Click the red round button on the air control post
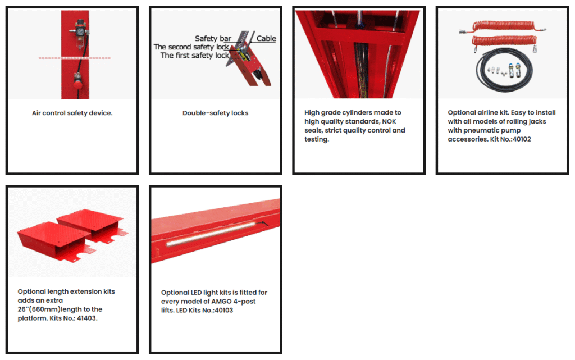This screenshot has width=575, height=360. [x=77, y=85]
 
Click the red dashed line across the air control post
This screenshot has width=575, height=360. [x=75, y=58]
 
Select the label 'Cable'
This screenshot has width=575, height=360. [x=266, y=39]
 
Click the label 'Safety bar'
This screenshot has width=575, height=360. [x=213, y=39]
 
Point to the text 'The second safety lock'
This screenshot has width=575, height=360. [x=191, y=47]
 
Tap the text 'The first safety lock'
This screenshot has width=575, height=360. [x=195, y=56]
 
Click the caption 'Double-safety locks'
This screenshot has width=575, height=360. [x=216, y=113]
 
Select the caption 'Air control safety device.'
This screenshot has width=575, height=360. [x=72, y=113]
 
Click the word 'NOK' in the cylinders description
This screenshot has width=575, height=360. [x=389, y=121]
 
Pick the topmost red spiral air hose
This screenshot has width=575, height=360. [x=503, y=26]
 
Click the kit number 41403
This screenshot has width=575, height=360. [x=87, y=318]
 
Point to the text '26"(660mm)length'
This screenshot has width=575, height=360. [x=60, y=309]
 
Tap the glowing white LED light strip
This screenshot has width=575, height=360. [x=211, y=233]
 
